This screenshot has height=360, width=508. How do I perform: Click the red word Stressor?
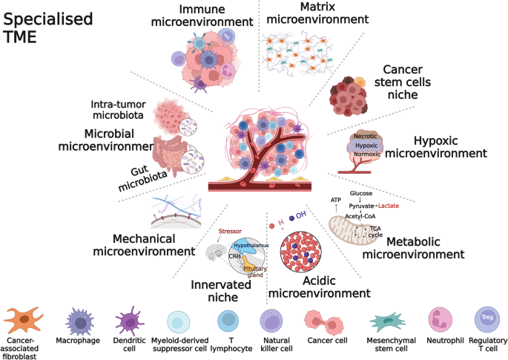pyautogui.click(x=230, y=231)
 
